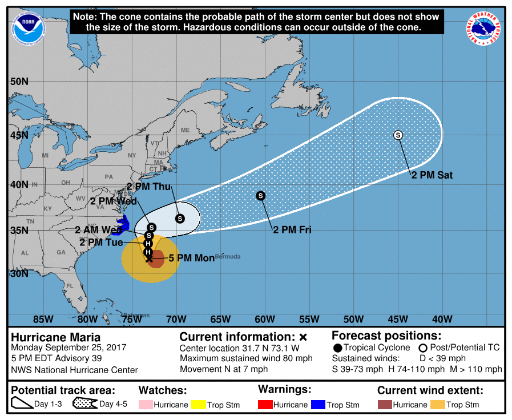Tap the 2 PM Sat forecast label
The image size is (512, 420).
tap(432, 175)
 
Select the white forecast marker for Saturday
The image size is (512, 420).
tap(398, 135)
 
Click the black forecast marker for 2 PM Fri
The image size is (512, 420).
tap(261, 195)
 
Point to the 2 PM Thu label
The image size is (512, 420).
tap(148, 187)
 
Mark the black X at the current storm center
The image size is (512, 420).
tap(149, 259)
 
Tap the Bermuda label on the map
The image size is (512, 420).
tap(228, 256)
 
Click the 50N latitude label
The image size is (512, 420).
tap(19, 81)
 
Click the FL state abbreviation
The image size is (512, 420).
tap(70, 286)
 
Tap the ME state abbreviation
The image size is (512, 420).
tap(185, 130)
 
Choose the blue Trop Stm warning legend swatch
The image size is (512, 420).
tap(317, 405)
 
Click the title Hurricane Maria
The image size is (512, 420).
tap(56, 337)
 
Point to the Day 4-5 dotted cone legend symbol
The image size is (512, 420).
tap(84, 404)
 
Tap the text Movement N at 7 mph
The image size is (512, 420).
tap(224, 369)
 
